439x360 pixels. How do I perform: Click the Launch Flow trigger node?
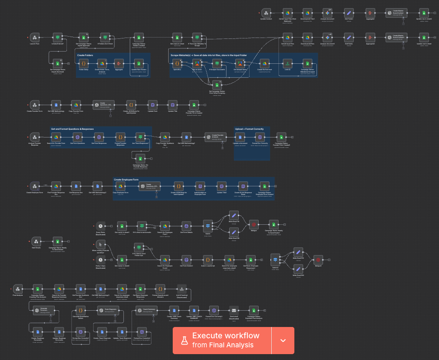click(35, 37)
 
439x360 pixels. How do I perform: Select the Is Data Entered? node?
click(57, 37)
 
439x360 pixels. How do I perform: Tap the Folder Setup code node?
click(83, 63)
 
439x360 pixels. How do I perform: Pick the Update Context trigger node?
click(266, 13)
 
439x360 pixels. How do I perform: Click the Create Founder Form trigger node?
click(35, 104)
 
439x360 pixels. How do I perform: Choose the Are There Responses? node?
click(140, 136)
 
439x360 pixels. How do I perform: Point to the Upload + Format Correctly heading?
click(249, 129)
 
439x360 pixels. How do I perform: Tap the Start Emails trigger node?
click(35, 241)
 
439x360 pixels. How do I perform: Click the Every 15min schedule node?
click(100, 226)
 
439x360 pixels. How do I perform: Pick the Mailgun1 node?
click(318, 260)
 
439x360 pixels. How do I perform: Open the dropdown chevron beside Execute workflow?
click(283, 340)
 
